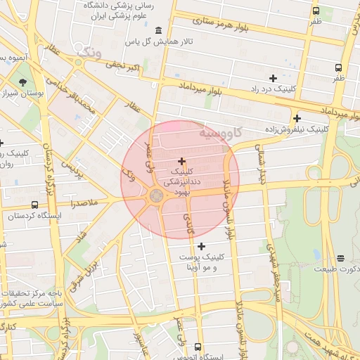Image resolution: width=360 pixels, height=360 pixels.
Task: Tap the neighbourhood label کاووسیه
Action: pos(220,131)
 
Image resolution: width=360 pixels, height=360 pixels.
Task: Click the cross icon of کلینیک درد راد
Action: pos(273,78)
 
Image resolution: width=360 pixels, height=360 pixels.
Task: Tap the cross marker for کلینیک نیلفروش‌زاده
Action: pos(297,118)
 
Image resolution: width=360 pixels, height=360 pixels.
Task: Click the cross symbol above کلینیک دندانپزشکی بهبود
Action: pos(182,161)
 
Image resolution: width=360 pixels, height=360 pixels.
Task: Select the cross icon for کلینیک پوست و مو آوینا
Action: pos(202,246)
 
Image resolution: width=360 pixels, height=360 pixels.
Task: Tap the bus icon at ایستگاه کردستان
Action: pos(34,205)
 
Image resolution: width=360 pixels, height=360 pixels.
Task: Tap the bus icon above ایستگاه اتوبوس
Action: pos(198,347)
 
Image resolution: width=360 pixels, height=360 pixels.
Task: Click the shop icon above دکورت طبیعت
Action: pos(340,258)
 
